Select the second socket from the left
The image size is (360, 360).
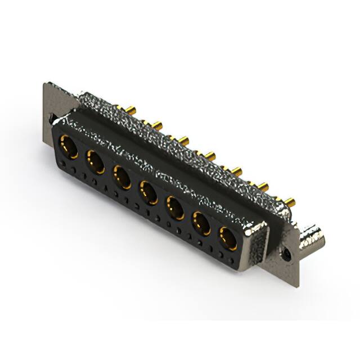(x=94, y=163)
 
